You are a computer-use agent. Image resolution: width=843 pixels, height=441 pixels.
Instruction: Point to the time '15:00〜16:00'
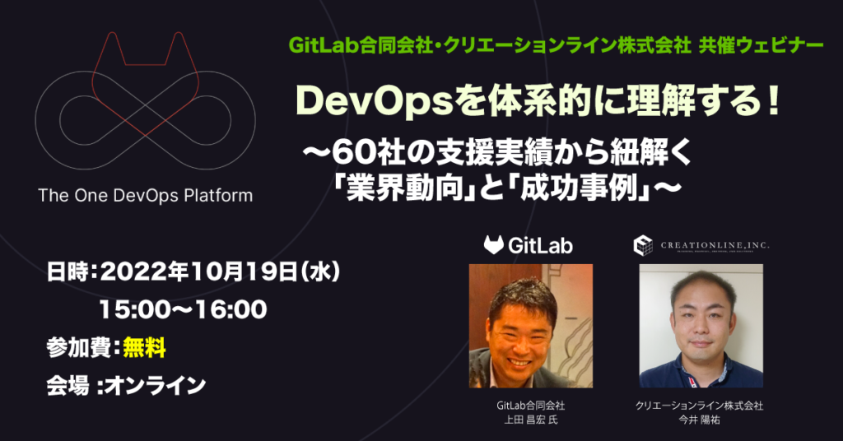tap(182, 309)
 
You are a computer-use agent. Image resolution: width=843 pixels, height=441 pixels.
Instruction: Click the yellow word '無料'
tap(145, 348)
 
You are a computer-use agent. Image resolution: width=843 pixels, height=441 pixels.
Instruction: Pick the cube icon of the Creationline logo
tap(643, 244)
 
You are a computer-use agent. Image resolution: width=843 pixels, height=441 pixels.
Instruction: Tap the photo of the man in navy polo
tap(701, 326)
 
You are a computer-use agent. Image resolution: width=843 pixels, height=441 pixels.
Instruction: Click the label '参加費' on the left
tap(78, 348)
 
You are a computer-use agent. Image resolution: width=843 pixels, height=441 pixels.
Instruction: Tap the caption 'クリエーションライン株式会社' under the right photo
tap(700, 406)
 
